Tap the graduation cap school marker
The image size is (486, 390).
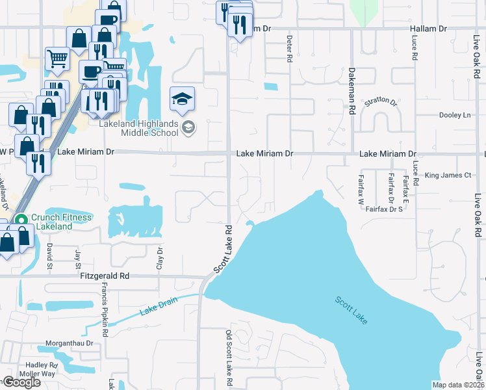182,99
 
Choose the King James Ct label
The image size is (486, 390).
448,175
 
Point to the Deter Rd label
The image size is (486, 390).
289,48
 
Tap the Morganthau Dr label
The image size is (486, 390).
70,343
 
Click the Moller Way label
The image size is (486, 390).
38,374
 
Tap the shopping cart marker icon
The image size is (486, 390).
57,58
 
